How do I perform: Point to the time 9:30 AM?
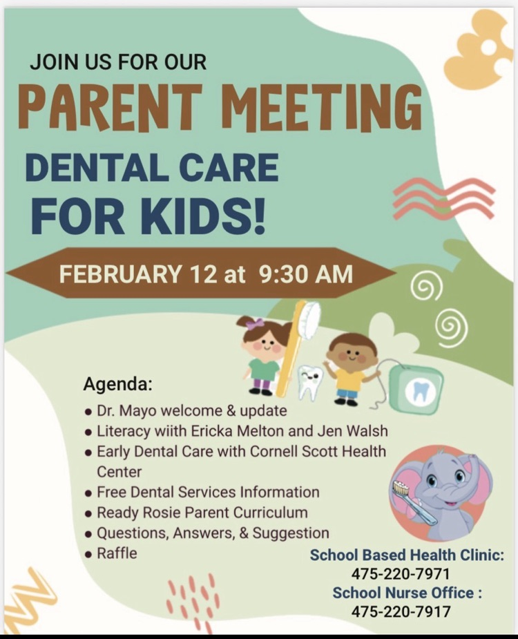point(305,274)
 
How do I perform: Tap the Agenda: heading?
point(117,383)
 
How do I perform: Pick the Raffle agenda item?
point(117,553)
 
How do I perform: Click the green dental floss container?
point(415,389)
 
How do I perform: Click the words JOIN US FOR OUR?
point(118,62)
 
